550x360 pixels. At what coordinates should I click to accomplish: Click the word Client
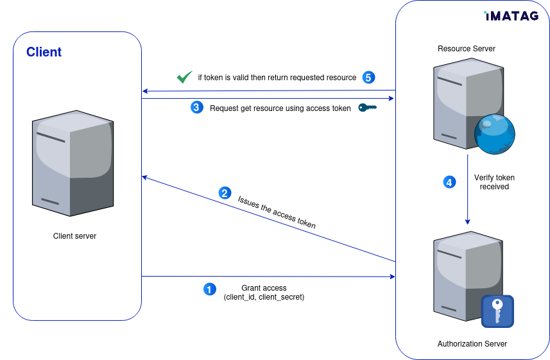pos(44,52)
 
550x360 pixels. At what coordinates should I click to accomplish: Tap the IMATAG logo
pos(511,16)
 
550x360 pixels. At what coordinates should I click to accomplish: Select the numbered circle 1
pos(209,289)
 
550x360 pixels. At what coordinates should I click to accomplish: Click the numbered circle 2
pos(224,193)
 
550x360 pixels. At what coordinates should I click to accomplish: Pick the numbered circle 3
pos(196,107)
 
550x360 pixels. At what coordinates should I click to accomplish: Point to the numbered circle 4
pos(449,182)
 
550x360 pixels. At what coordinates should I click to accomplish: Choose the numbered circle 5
pos(368,78)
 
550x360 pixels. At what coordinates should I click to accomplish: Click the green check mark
pos(184,77)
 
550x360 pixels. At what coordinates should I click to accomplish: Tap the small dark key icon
pos(367,107)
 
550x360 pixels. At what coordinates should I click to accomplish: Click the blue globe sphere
pos(494,133)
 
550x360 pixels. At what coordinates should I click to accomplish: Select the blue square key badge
pos(497,311)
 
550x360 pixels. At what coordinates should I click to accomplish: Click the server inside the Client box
pos(73,164)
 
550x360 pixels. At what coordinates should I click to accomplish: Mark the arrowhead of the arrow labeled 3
pos(391,98)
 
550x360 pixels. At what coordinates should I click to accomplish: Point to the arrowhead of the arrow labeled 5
pos(145,90)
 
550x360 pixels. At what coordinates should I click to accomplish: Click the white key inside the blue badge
pos(497,311)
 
